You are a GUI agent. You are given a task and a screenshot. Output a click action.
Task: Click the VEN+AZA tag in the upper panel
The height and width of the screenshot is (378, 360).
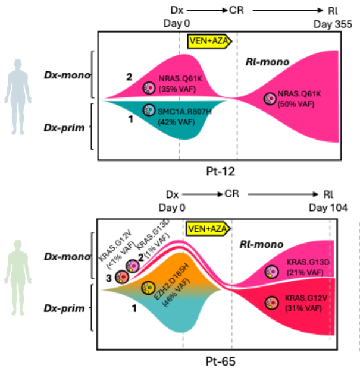point(208,40)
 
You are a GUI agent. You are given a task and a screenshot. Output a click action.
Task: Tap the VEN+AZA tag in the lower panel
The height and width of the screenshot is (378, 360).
point(207,229)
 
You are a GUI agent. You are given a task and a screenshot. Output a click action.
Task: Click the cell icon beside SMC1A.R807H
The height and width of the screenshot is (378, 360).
point(149,110)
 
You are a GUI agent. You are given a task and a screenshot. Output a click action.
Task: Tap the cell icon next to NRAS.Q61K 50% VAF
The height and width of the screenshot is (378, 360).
point(270,98)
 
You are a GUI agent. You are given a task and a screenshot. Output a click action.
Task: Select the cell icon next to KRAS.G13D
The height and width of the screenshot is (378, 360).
point(271,272)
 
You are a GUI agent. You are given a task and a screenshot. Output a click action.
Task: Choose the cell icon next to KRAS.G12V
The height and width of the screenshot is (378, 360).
point(272,303)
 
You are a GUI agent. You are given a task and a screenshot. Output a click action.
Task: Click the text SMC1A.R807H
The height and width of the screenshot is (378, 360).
point(180,111)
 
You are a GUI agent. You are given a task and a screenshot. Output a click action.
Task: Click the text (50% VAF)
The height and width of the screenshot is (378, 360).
point(296,105)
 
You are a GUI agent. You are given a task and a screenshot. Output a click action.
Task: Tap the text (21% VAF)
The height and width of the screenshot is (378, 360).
point(304,272)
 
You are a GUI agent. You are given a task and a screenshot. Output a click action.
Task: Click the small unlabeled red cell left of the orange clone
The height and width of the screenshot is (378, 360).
point(122,276)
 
